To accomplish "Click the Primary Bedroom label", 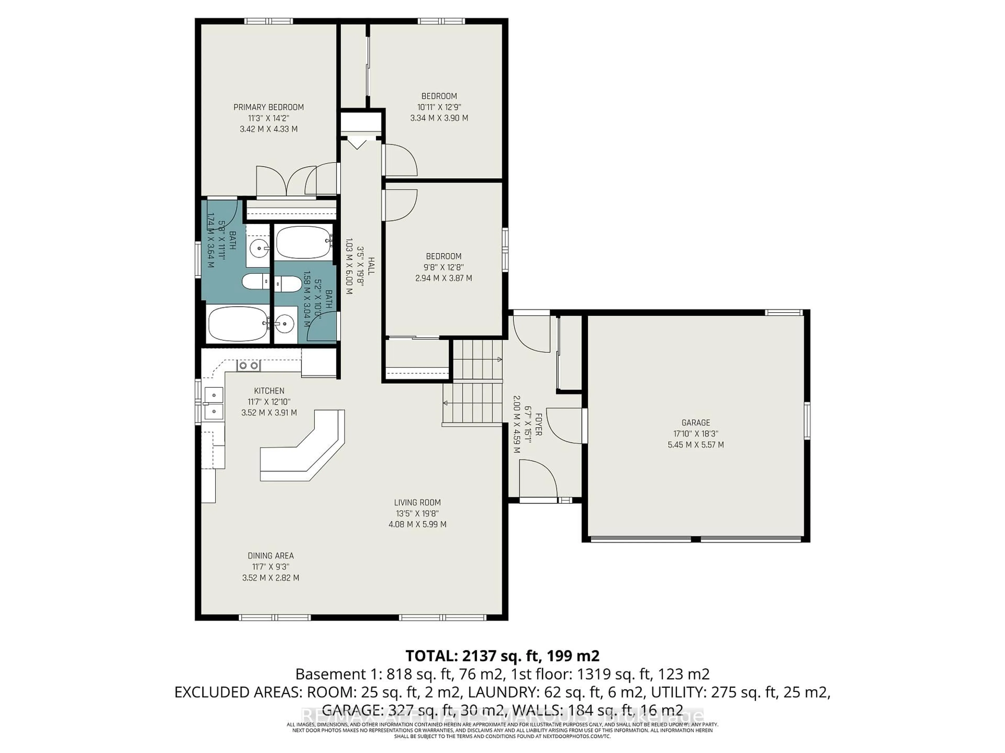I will pos(269,107).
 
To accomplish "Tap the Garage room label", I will pos(696,423).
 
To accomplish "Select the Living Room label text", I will pos(417,503).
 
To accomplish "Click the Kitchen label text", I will pos(269,391).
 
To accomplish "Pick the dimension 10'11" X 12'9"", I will pos(439,107).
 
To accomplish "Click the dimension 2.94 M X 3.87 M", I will pos(443,278).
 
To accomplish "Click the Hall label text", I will pos(371,266).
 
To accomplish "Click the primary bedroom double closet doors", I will pos(285,181).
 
